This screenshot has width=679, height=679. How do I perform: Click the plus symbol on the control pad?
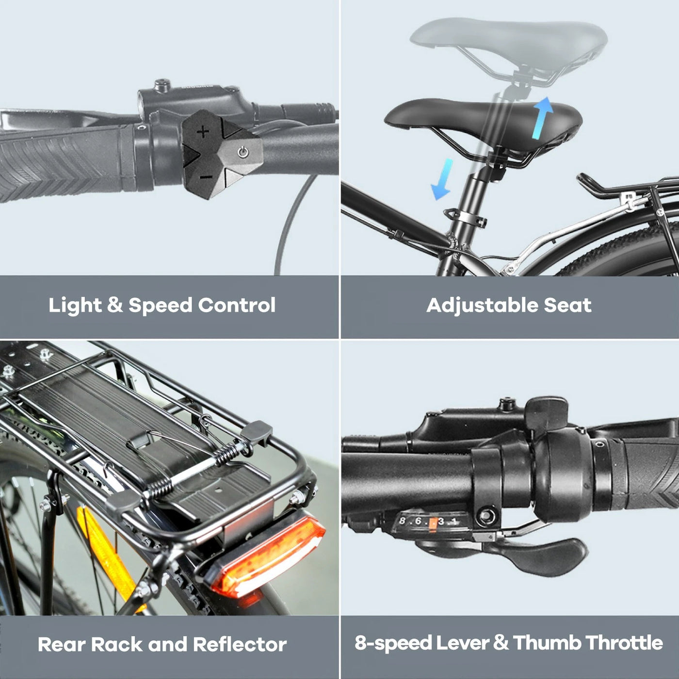tap(203, 132)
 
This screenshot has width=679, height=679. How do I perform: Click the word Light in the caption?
tap(75, 305)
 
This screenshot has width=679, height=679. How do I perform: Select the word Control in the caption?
tap(236, 305)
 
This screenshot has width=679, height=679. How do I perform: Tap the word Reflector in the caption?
tap(240, 645)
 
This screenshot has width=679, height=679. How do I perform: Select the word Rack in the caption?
tap(116, 645)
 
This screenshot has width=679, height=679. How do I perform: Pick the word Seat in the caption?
tap(567, 305)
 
